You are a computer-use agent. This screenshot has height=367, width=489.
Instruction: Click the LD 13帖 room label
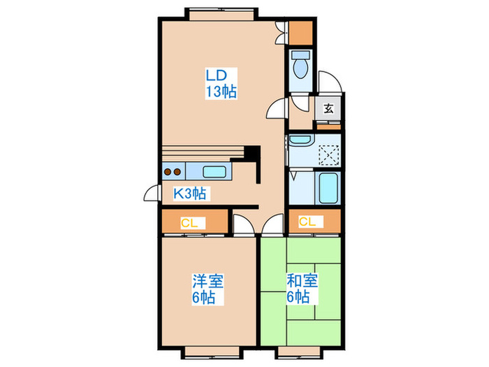[x=220, y=82]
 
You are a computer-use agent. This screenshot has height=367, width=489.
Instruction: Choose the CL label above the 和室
[x=307, y=222]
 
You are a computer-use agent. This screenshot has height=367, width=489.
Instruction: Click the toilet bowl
[x=302, y=66]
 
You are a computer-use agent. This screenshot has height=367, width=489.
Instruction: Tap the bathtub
[x=327, y=187]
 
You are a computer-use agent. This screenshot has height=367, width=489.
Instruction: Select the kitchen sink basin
[x=214, y=172]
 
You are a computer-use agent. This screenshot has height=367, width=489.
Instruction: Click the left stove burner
[x=168, y=172]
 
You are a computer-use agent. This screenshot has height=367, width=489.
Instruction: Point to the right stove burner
[x=179, y=172]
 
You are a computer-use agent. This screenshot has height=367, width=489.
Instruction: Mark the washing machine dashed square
[x=328, y=154]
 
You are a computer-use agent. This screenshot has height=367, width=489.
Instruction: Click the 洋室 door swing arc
[x=242, y=224]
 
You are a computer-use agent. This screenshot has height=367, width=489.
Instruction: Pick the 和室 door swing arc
[x=273, y=225]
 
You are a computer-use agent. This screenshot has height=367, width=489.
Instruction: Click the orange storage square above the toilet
[x=301, y=32]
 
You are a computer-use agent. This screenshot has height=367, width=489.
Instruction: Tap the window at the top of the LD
[x=221, y=12]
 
